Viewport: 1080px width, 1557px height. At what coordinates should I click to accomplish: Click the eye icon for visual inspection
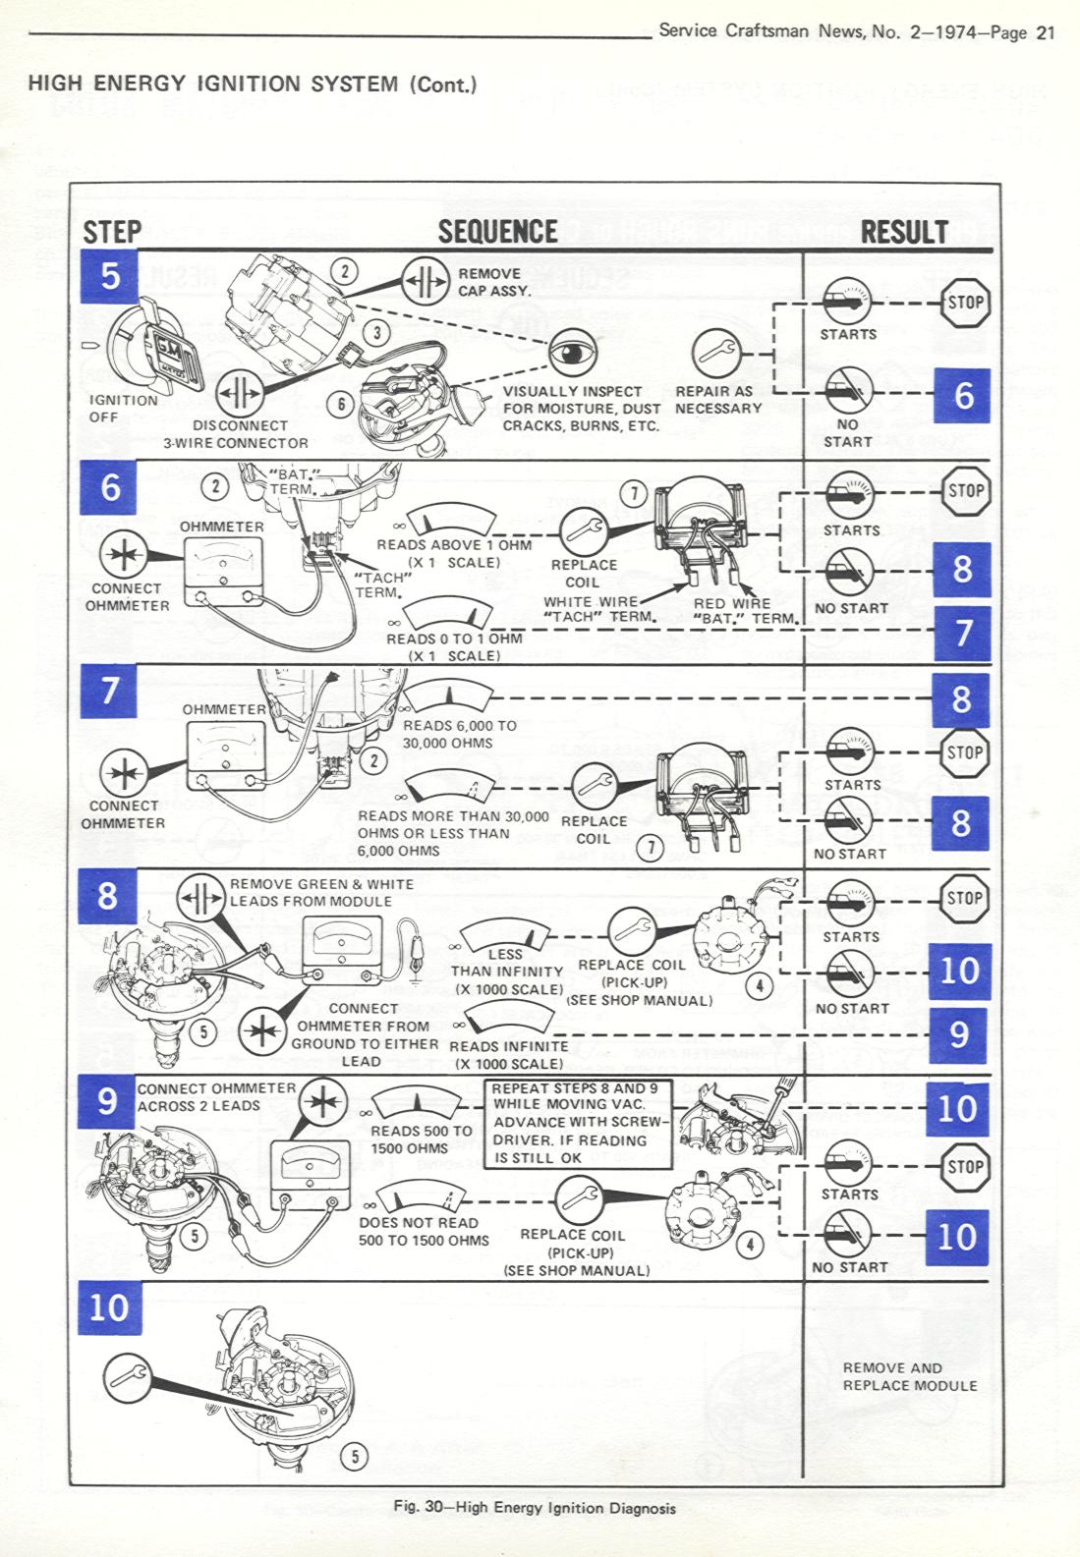click(571, 354)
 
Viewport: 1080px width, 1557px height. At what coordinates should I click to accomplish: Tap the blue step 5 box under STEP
click(110, 276)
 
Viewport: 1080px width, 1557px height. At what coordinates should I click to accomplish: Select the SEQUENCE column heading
click(498, 232)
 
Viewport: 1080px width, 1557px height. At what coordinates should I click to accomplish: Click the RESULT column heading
click(904, 232)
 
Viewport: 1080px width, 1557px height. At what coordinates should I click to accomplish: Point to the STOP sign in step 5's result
click(965, 303)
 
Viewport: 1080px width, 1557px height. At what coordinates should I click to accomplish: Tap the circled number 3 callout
click(377, 333)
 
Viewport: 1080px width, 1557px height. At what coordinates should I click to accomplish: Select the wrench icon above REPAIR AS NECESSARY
click(716, 353)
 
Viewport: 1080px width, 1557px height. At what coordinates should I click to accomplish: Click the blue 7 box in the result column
click(962, 634)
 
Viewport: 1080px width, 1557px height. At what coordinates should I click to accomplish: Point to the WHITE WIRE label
click(591, 602)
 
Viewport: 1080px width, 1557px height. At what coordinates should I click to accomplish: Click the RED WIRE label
click(732, 603)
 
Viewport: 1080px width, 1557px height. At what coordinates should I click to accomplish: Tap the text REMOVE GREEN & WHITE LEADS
click(321, 893)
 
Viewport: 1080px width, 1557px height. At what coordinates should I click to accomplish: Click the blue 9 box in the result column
click(958, 1035)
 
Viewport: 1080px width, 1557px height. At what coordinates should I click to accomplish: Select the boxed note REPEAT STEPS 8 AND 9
click(578, 1124)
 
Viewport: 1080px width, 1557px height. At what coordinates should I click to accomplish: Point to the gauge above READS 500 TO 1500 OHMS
click(418, 1104)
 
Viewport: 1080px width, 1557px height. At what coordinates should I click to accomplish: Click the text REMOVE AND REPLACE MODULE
click(910, 1376)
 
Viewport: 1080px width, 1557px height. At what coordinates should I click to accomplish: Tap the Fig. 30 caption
click(534, 1508)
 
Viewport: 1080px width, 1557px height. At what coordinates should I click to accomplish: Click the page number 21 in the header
click(1046, 32)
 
